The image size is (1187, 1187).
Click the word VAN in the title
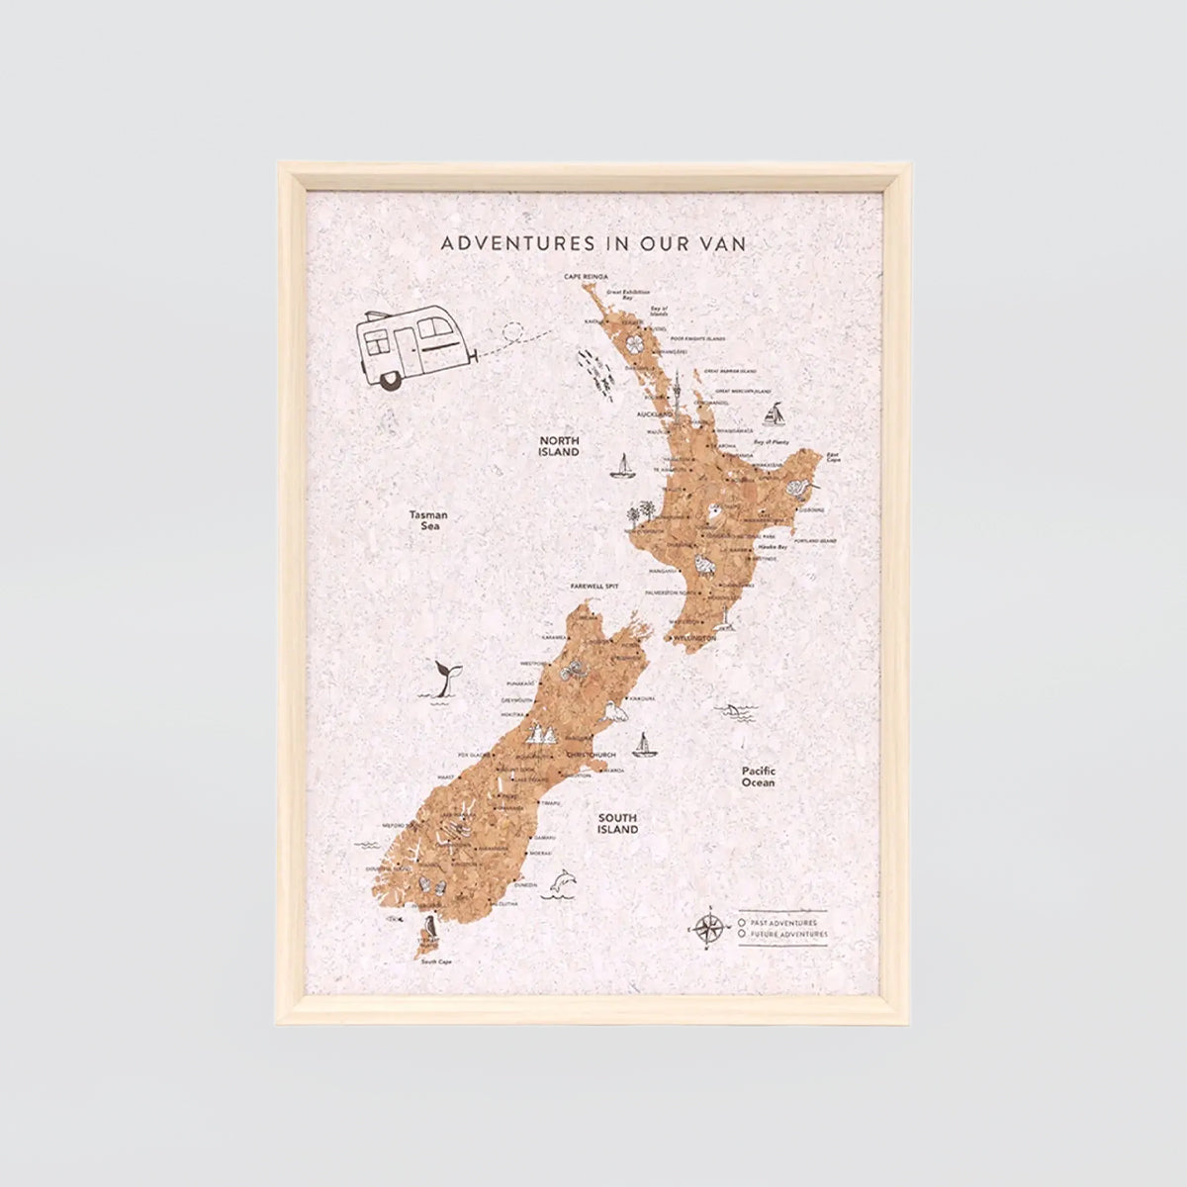point(723,242)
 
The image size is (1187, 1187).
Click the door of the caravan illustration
point(407,350)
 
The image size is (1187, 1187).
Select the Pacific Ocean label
point(759,776)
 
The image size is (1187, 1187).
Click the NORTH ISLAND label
point(559,445)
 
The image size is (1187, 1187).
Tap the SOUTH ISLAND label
point(617,824)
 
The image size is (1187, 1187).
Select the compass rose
point(707,928)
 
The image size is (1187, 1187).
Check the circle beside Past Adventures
point(742,922)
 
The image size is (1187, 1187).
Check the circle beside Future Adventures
point(742,934)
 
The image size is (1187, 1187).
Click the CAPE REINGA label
point(586,277)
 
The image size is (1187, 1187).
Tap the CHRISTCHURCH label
point(591,755)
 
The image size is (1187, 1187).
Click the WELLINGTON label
point(695,640)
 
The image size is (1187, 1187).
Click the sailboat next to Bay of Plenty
point(777,412)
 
